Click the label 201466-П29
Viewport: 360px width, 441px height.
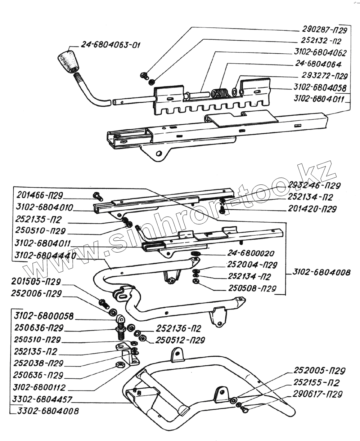pos(40,196)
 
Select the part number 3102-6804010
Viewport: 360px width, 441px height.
pos(44,208)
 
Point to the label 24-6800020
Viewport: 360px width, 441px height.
pos(251,254)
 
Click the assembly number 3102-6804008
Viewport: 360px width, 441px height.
pos(321,272)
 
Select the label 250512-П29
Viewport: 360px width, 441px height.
pos(180,340)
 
